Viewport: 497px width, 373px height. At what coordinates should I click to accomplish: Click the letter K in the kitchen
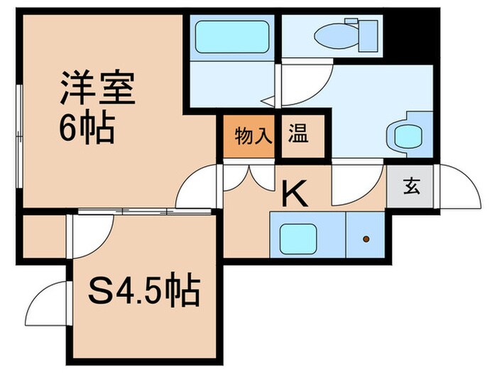[x=295, y=193]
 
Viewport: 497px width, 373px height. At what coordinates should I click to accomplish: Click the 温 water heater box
[x=297, y=134]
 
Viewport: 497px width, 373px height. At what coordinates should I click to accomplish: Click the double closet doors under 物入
[x=249, y=177]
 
